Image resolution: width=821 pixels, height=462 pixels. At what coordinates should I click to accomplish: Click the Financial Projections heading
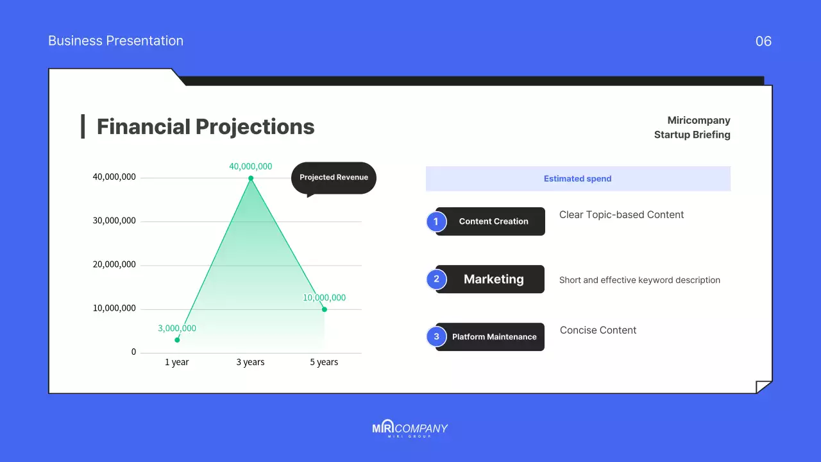click(205, 126)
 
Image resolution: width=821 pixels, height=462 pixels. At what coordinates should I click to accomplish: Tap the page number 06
click(763, 41)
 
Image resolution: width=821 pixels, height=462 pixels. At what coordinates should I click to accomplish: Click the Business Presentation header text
click(115, 41)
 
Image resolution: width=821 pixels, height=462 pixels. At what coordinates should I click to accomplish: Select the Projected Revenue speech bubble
click(334, 178)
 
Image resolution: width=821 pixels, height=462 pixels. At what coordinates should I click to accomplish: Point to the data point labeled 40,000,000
click(251, 178)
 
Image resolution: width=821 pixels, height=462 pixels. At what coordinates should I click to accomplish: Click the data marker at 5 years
click(325, 309)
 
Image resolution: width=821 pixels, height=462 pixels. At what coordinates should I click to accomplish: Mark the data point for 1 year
click(177, 339)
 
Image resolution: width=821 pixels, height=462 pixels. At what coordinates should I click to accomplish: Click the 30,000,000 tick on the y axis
click(114, 221)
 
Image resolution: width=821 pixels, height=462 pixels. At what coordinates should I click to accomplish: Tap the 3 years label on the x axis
click(250, 362)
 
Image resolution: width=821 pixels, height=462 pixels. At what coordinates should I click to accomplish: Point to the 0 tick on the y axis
click(134, 352)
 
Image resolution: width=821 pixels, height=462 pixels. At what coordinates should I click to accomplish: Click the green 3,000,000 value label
click(177, 328)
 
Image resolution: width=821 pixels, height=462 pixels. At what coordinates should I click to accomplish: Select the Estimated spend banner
click(578, 179)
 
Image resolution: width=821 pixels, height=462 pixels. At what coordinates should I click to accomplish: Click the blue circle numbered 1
click(436, 221)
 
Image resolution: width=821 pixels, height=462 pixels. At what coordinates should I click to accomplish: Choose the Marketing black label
click(493, 279)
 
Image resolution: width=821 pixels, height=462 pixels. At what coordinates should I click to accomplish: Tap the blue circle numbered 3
click(436, 337)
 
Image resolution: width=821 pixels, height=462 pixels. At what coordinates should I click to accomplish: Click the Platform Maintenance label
click(494, 337)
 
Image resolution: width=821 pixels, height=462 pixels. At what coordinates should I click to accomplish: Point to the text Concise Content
click(598, 330)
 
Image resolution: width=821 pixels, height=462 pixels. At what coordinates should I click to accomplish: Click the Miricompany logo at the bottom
click(410, 429)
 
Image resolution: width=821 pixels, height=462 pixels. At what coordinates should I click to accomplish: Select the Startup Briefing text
click(692, 135)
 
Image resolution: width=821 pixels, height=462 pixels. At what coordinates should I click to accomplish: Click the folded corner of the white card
click(763, 387)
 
